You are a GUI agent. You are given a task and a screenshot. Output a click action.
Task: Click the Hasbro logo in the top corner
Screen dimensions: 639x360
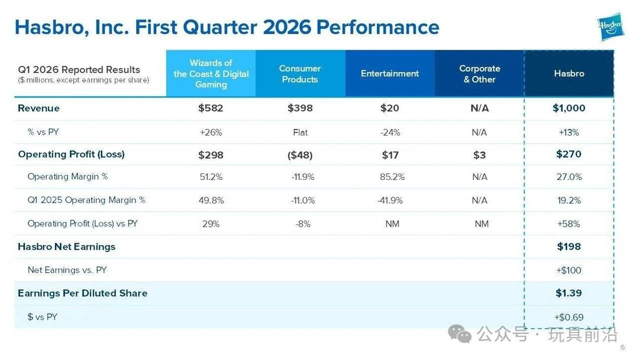(x=611, y=27)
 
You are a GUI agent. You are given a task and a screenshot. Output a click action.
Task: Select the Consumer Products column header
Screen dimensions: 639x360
(x=300, y=74)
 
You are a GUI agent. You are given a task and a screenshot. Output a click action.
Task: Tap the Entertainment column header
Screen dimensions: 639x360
(x=390, y=74)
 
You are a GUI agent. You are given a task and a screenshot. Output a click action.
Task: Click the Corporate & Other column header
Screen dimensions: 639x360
(x=480, y=74)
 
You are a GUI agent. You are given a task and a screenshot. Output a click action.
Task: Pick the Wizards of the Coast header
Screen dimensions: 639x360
(x=211, y=74)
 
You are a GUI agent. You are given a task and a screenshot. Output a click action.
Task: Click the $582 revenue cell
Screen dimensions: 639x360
(x=211, y=108)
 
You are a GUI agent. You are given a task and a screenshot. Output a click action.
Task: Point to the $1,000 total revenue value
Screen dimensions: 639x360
(x=569, y=108)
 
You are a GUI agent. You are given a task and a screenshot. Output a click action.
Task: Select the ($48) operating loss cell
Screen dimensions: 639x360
(x=300, y=155)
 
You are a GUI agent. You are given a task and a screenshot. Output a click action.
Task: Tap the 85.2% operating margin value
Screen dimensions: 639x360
(x=392, y=177)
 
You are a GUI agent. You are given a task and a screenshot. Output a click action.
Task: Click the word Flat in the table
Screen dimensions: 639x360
(x=301, y=133)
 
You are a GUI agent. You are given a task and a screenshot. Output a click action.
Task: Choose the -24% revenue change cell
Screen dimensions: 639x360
(x=390, y=133)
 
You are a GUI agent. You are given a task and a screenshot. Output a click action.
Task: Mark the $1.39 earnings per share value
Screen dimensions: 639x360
(x=569, y=293)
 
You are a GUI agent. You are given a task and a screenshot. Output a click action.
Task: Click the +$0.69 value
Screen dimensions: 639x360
(x=569, y=317)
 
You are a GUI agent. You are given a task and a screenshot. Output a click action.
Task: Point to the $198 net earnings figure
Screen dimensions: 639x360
(x=569, y=247)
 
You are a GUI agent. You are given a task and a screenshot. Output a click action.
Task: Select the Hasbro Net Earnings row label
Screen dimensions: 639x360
(x=66, y=247)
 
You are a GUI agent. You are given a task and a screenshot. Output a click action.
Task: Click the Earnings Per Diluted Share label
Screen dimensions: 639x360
(x=83, y=293)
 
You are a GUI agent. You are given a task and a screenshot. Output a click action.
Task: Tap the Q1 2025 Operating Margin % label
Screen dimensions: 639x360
(x=86, y=200)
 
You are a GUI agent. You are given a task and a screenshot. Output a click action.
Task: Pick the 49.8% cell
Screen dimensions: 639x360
(x=211, y=201)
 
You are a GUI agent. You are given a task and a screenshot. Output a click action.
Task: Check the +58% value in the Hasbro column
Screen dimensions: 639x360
(x=569, y=224)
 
